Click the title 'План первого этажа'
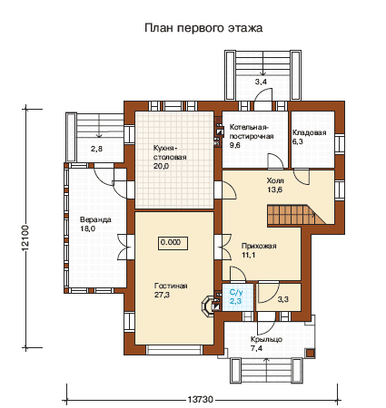(203, 28)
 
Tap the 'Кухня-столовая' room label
(170, 153)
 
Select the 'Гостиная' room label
(171, 286)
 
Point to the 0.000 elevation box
(173, 243)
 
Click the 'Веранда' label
(95, 219)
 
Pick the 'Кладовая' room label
(309, 132)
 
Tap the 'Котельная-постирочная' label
(252, 131)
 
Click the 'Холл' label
(275, 180)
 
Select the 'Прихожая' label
(259, 246)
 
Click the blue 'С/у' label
(236, 292)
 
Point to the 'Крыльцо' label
(266, 339)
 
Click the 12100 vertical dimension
(25, 238)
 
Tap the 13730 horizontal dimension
(201, 400)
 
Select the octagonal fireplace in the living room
(208, 306)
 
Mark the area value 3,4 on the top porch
(261, 82)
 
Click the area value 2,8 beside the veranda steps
(96, 149)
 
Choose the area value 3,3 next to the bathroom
(283, 299)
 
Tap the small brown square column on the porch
(310, 354)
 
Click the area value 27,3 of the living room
(162, 295)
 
